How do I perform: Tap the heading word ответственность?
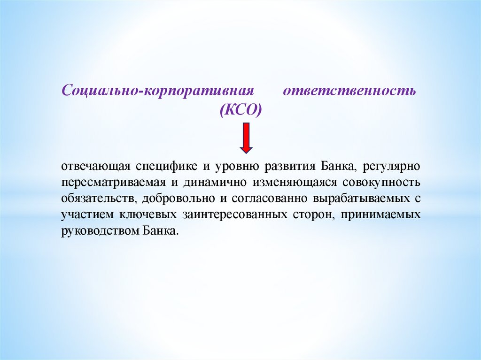pyautogui.click(x=349, y=90)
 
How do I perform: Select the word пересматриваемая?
pyautogui.click(x=106, y=182)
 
